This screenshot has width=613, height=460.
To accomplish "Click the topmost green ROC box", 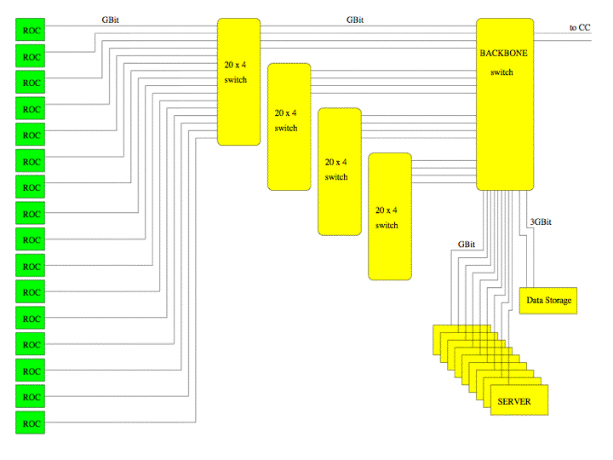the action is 30,30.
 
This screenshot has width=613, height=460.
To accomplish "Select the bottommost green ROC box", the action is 30,423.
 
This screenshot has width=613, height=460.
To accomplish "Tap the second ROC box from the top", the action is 30,56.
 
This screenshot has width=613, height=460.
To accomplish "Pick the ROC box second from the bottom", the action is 30,396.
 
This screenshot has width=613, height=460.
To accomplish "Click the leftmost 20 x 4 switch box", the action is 239,82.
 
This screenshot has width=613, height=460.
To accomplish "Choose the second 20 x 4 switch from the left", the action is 289,127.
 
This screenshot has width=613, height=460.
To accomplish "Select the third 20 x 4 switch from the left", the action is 340,172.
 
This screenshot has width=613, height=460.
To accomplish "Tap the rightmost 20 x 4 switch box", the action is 390,216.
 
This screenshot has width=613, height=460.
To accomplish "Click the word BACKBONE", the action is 503,53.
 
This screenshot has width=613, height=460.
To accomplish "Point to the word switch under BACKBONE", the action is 501,72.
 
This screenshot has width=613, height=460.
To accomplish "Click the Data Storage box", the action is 548,301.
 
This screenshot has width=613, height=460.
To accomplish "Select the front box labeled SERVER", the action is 519,400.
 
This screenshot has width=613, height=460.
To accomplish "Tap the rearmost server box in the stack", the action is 461,340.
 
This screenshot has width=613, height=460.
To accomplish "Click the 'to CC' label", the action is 580,28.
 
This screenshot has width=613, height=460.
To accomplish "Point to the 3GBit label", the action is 541,221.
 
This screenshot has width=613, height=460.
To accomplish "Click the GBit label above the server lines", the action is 467,244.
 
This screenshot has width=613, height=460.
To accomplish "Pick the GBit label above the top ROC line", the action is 110,20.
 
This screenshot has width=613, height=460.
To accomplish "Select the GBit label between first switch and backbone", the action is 355,20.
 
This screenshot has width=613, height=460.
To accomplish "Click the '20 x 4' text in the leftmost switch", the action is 235,65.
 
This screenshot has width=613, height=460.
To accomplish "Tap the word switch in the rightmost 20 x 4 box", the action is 387,225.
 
